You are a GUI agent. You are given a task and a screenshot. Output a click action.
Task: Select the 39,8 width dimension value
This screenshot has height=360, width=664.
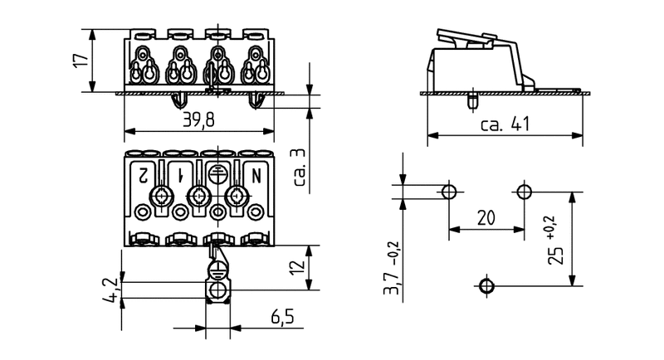point(198,121)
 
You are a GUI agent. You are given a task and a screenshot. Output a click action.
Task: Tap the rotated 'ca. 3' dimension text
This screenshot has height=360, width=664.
point(300,167)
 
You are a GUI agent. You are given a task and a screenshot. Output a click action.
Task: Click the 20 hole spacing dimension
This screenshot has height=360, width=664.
point(486,218)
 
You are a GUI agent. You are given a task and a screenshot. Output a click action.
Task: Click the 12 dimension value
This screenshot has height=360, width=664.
point(300,267)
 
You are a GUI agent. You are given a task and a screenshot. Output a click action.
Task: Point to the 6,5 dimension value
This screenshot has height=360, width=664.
point(281,317)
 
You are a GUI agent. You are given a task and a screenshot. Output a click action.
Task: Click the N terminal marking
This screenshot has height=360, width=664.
point(256,175)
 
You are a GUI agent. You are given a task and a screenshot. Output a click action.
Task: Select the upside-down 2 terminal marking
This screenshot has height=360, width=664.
point(143,175)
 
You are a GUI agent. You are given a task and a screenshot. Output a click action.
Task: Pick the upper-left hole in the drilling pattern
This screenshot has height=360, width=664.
point(448,192)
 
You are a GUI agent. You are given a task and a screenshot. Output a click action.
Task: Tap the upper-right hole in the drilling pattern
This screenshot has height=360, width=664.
point(524,192)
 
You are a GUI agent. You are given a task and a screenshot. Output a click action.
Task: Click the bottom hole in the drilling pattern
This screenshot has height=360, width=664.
point(486,286)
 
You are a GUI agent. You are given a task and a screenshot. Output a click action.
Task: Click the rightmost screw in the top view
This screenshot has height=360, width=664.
point(237,197)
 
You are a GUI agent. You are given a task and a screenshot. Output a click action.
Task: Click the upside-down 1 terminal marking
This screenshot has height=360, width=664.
point(180,175)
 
